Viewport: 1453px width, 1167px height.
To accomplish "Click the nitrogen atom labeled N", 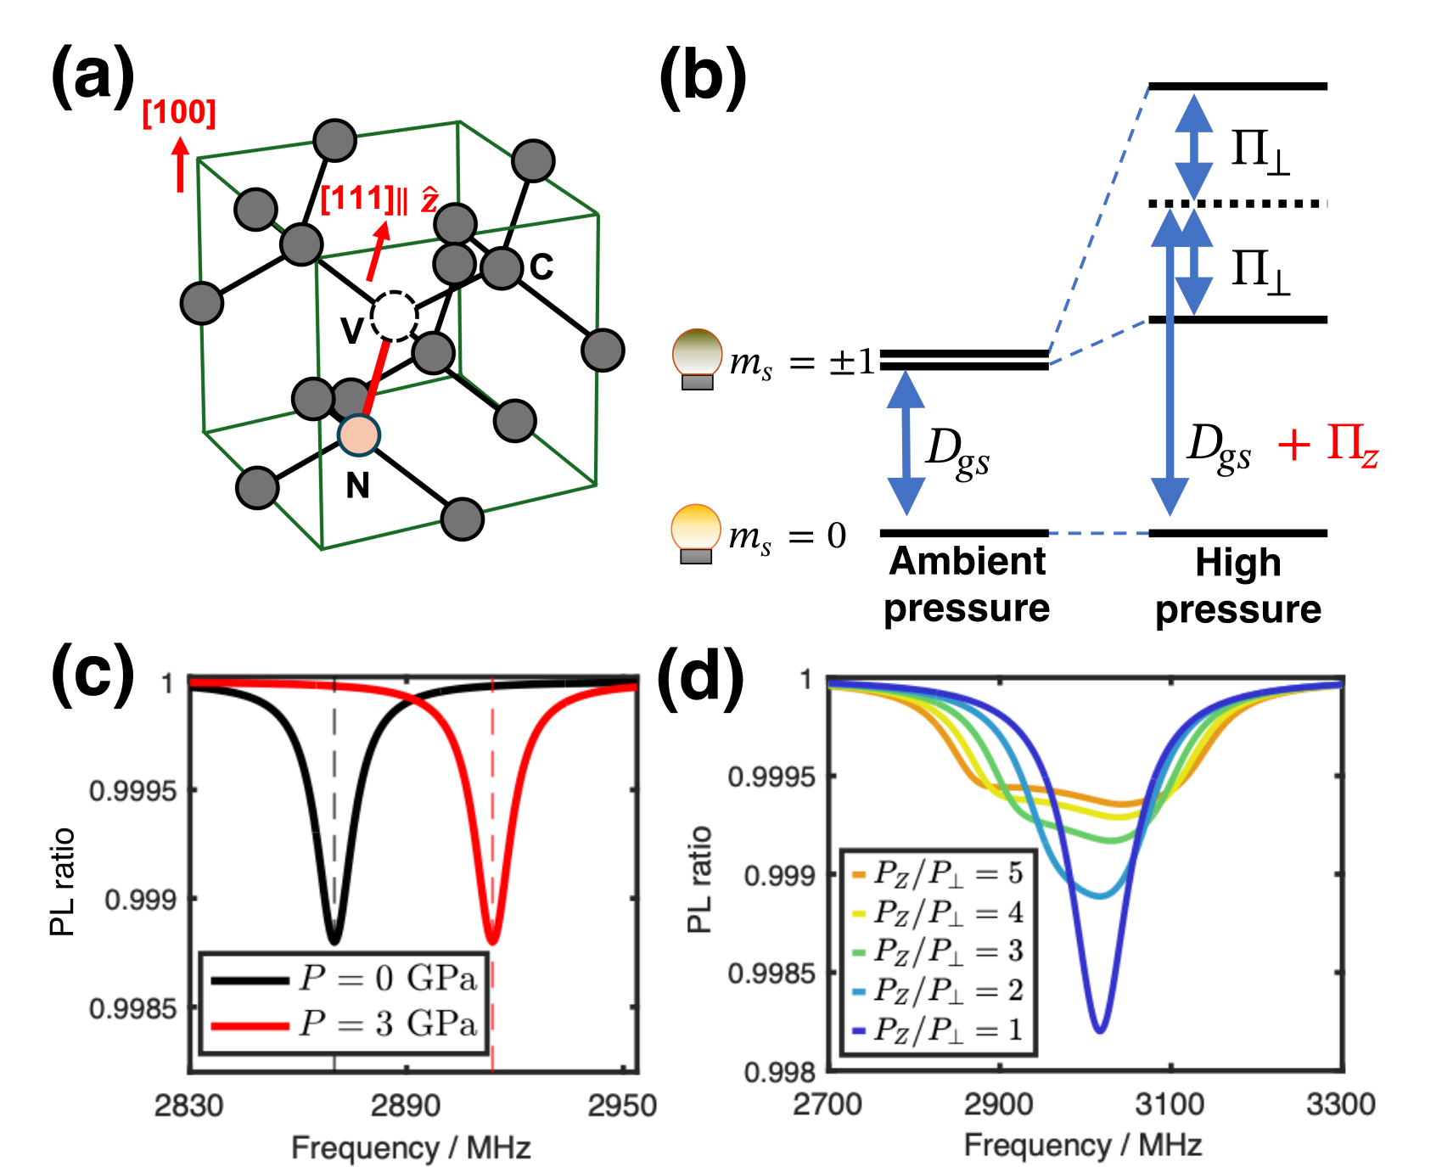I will (x=358, y=435).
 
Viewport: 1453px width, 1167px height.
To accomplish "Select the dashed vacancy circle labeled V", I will (x=395, y=316).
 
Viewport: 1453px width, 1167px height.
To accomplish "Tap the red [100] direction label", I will (x=179, y=113).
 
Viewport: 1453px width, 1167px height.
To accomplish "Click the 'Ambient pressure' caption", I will (x=967, y=585).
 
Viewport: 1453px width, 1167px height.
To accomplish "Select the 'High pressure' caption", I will (x=1238, y=586).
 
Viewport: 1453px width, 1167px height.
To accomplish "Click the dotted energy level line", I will (x=1237, y=204).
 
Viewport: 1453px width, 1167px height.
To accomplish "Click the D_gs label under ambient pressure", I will (x=957, y=450).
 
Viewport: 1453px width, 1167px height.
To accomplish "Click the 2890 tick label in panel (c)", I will (x=406, y=1105).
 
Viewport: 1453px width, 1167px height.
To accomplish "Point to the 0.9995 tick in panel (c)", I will (x=132, y=791).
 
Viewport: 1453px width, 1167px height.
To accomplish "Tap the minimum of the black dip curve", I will (x=334, y=941).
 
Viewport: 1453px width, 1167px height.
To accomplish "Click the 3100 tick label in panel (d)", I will (x=1170, y=1104).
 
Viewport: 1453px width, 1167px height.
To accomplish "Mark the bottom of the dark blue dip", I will (x=1100, y=1030).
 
